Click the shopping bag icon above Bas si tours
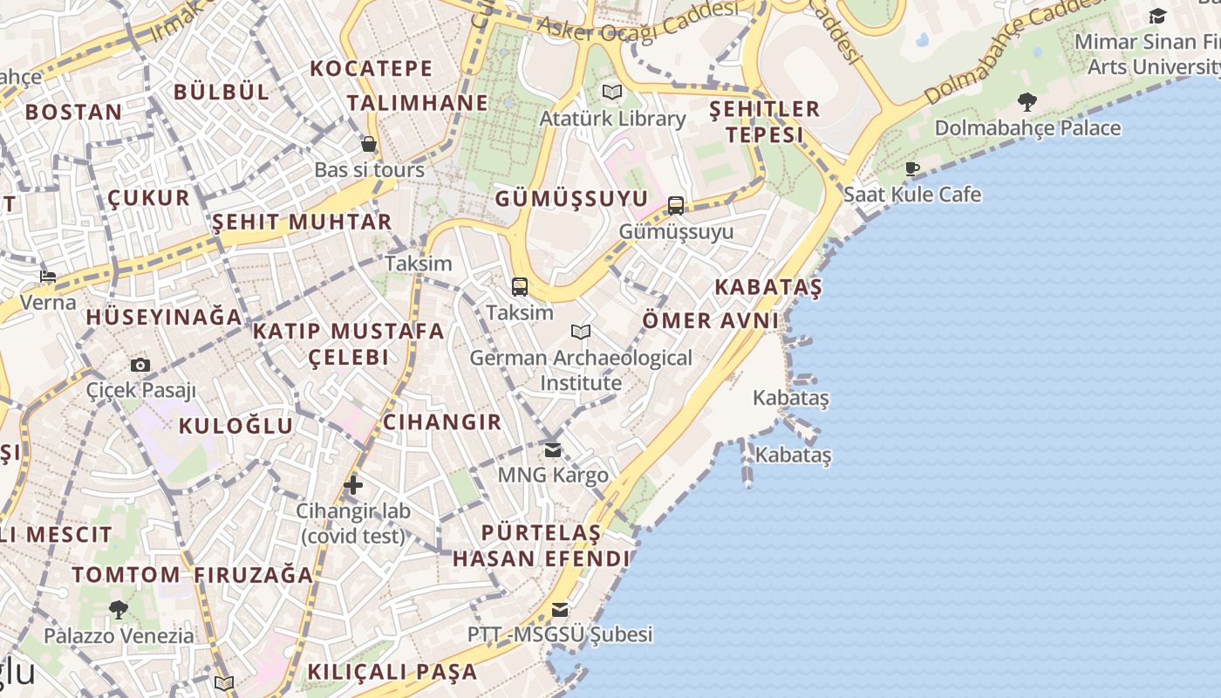click(x=369, y=144)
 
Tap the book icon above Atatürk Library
click(x=613, y=92)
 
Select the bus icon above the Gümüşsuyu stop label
click(x=676, y=206)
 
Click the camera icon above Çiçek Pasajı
click(x=140, y=365)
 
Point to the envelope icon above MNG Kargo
click(x=553, y=450)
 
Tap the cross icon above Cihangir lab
click(x=353, y=485)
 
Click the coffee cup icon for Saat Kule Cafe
click(x=912, y=168)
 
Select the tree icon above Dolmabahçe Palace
click(x=1027, y=102)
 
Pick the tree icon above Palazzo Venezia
click(x=119, y=609)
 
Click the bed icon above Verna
click(x=48, y=277)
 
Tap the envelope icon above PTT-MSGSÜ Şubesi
click(x=560, y=609)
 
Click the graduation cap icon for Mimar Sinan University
click(x=1157, y=16)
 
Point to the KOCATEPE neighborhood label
click(x=372, y=68)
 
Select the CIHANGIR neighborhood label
click(x=442, y=422)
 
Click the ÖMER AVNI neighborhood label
click(x=711, y=320)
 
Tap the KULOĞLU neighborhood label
click(x=235, y=426)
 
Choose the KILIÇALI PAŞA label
click(x=392, y=672)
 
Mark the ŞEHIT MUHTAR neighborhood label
click(x=302, y=222)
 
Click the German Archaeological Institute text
click(x=581, y=370)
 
